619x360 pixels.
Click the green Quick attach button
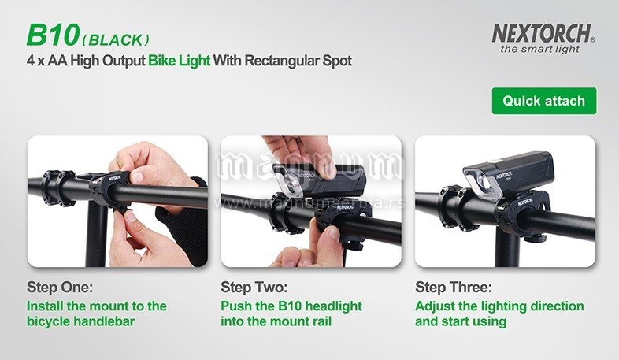pos(544,101)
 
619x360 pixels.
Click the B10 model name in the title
pos(54,35)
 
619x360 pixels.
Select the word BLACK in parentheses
pos(116,40)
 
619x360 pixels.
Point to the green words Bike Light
pos(180,61)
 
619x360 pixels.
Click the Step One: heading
pos(60,287)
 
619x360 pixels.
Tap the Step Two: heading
pos(254,287)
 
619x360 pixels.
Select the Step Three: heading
pos(454,287)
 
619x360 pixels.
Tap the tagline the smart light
pos(539,50)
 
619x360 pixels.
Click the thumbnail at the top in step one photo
pos(137,176)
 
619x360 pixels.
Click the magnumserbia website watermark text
pos(309,203)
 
